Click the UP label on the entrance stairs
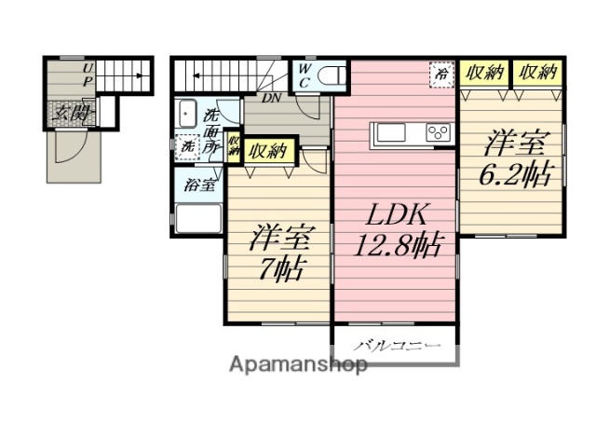(88, 74)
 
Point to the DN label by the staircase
(272, 97)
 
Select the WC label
(305, 74)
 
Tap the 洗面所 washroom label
(212, 131)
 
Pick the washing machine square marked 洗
(187, 146)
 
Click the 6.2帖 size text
(515, 173)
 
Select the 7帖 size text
(278, 270)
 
